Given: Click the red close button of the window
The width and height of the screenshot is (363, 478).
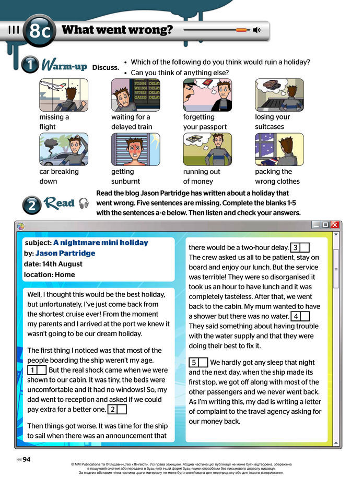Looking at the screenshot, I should tap(335, 225).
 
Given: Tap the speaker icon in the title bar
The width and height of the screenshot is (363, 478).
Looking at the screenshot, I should tap(256, 30).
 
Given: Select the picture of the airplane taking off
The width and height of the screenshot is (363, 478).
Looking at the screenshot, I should tap(64, 94).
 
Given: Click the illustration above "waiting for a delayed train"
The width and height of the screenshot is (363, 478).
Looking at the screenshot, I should tap(136, 94).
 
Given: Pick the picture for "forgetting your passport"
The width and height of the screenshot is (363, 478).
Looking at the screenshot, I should tap(207, 94).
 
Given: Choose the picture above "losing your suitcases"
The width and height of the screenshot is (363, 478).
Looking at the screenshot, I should tap(279, 94).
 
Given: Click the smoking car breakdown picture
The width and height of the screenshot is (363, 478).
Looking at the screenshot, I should tap(64, 149).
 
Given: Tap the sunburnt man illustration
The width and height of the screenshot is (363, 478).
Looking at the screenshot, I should tap(136, 149).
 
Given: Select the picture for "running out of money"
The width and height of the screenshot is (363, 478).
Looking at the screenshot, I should tap(207, 149).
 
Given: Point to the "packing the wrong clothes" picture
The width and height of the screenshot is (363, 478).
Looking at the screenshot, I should tap(279, 149).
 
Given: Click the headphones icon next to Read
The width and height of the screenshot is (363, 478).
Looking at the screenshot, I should tap(84, 204).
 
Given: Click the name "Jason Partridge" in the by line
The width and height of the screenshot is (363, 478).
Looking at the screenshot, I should tap(65, 253).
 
